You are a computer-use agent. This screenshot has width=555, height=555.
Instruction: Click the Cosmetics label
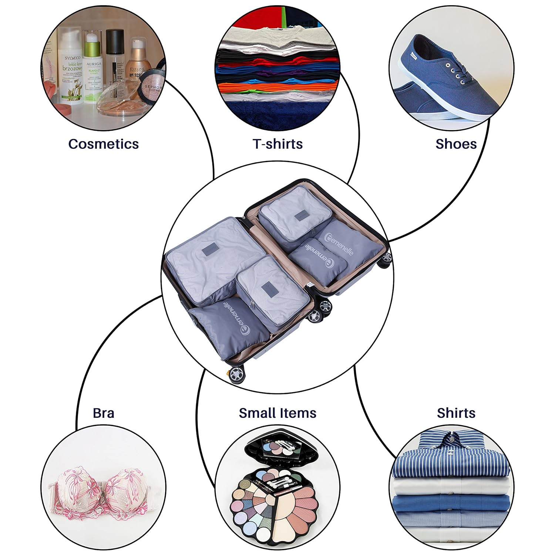click(103, 144)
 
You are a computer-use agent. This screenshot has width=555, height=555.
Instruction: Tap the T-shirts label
click(277, 144)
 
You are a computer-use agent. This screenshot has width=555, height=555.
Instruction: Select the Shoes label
click(456, 144)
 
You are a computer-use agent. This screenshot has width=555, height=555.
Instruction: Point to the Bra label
click(103, 413)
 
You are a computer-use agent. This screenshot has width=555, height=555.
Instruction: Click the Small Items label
click(277, 413)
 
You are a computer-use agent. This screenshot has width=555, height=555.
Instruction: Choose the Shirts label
click(456, 413)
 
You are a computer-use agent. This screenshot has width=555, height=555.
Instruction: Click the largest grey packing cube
click(207, 259)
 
